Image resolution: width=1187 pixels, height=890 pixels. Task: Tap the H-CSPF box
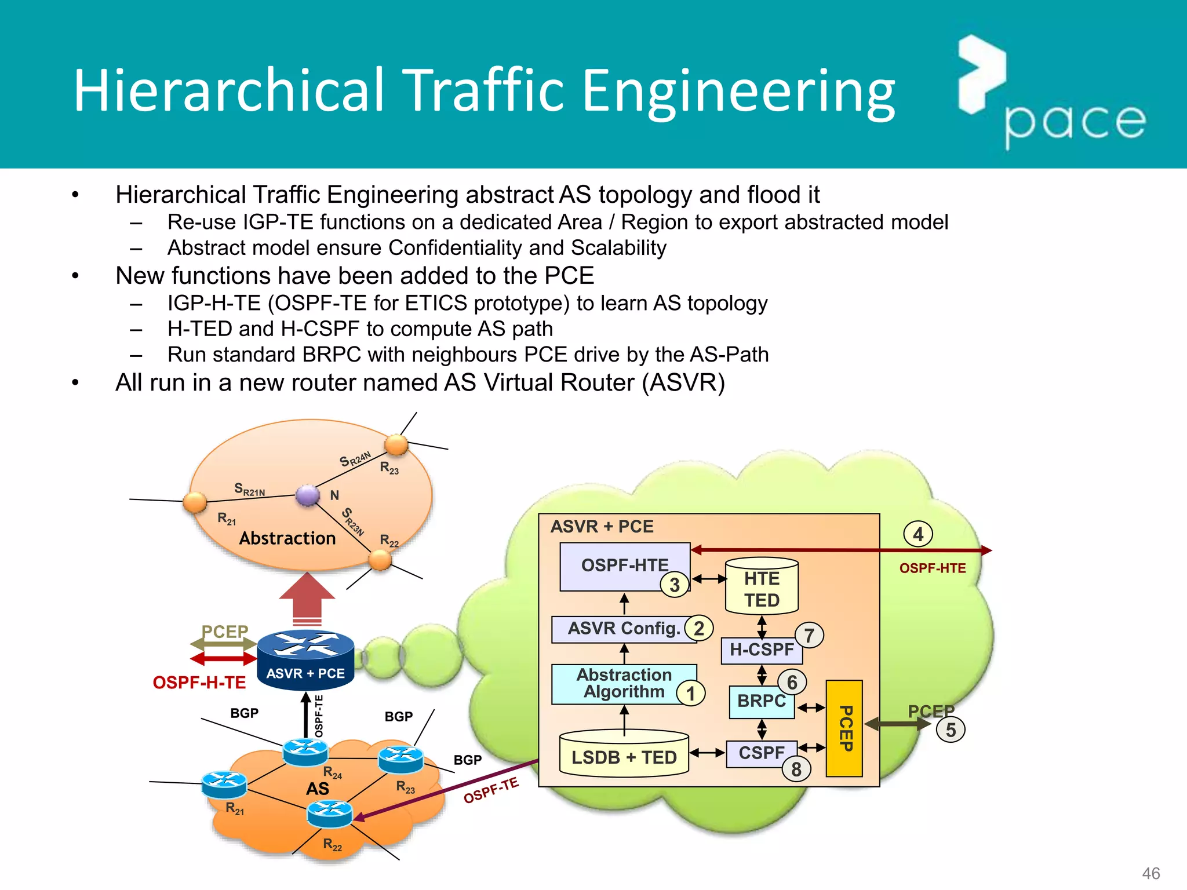[x=761, y=650]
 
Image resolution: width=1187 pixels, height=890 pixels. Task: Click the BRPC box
[x=761, y=701]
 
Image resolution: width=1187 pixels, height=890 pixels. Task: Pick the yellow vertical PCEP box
[x=844, y=728]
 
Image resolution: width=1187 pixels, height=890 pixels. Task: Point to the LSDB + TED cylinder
[x=624, y=755]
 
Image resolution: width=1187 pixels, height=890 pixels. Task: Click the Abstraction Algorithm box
[x=623, y=684]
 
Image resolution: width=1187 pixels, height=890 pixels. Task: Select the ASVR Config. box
[x=623, y=629]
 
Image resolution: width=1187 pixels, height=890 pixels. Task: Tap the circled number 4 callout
[x=918, y=534]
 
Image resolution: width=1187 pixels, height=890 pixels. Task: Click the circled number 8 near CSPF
[x=796, y=769]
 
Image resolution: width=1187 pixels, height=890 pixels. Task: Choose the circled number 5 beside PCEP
[x=951, y=729]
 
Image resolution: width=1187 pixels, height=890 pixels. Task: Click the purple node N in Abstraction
[x=307, y=495]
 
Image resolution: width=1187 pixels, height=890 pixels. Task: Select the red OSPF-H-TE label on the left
[x=199, y=683]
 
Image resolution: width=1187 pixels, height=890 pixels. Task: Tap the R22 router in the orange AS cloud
[x=329, y=814]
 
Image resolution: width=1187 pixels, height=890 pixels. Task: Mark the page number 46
[x=1150, y=873]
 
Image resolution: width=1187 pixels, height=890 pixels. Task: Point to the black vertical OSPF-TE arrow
[x=306, y=716]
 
